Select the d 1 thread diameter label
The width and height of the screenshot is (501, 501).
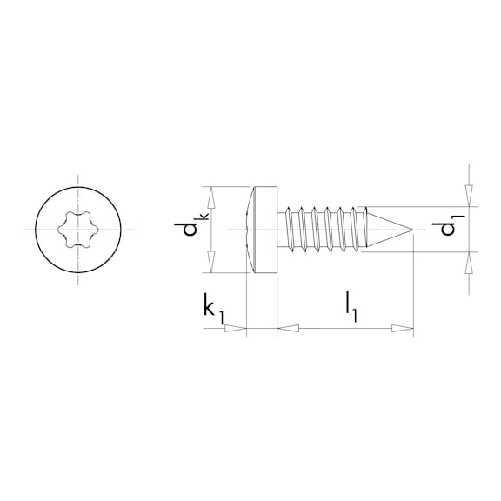pyautogui.click(x=448, y=228)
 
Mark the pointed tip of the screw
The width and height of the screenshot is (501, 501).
pyautogui.click(x=411, y=230)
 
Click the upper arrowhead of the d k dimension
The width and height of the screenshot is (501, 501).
pyautogui.click(x=210, y=193)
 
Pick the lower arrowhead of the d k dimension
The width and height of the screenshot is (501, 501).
pyautogui.click(x=210, y=265)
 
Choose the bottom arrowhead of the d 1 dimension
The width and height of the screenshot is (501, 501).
pyautogui.click(x=469, y=259)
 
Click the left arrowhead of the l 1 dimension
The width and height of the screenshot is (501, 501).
pyautogui.click(x=287, y=329)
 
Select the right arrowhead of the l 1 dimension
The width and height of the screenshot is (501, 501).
pyautogui.click(x=403, y=329)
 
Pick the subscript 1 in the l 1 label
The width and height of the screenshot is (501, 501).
pyautogui.click(x=356, y=316)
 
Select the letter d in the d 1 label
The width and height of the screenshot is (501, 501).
pyautogui.click(x=446, y=233)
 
